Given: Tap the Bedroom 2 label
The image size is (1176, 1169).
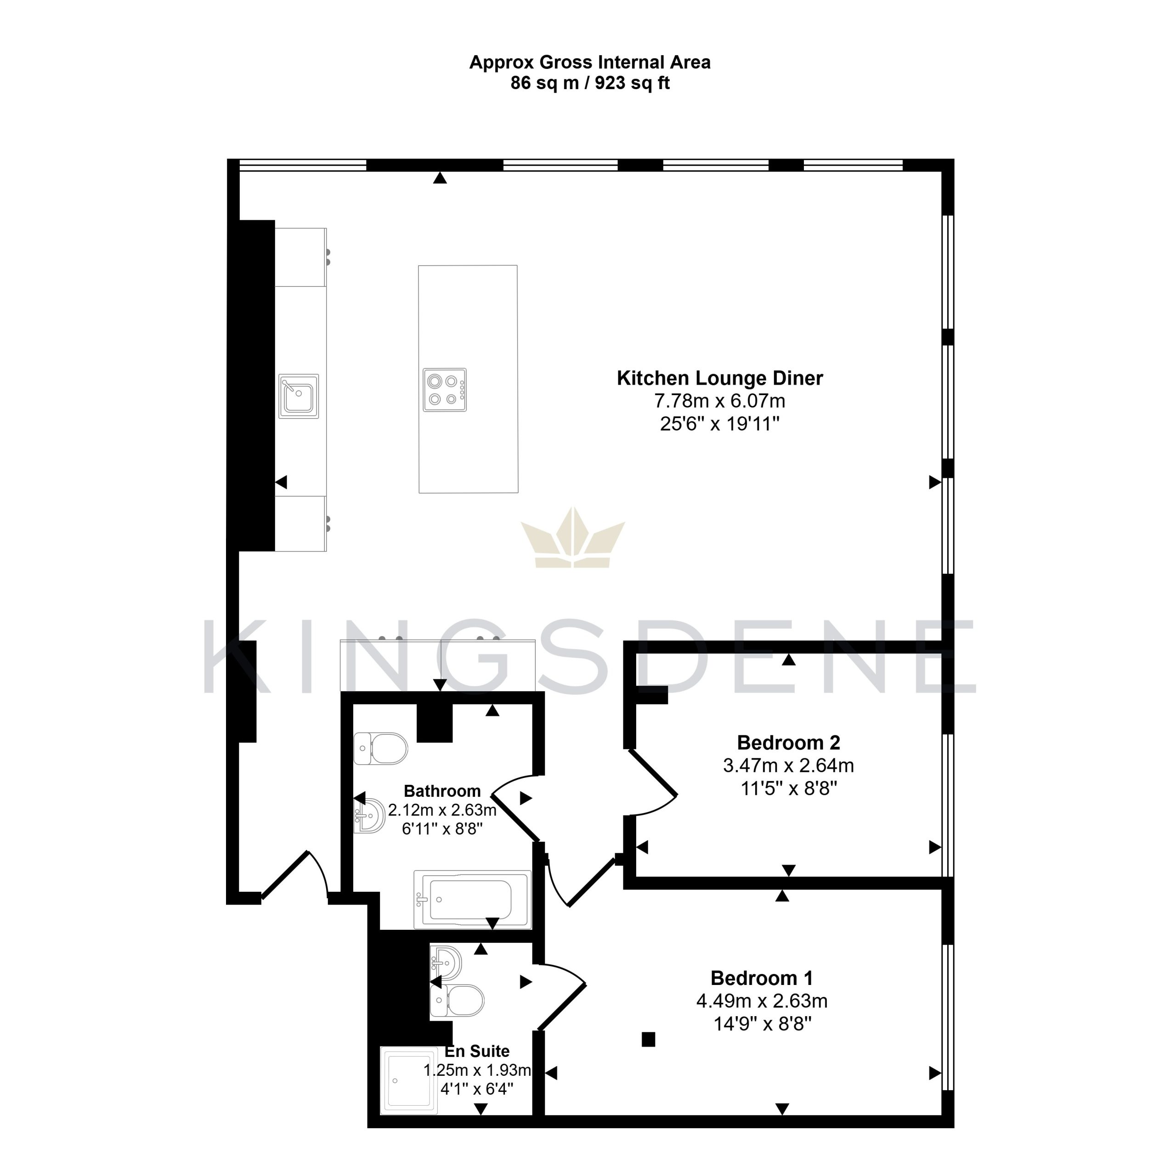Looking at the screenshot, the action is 788,743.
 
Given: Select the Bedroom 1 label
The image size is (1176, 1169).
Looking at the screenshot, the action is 762,978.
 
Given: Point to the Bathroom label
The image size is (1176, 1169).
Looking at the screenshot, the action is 442,791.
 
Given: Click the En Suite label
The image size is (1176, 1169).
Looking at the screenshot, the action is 477,1051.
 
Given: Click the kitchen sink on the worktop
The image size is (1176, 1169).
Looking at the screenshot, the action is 299,396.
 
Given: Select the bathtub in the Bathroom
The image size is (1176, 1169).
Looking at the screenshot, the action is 472,900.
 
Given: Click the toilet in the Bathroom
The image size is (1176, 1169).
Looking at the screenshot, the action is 380,748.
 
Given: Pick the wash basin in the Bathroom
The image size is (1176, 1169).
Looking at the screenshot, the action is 369,816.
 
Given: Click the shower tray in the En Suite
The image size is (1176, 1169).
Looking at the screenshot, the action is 409,1080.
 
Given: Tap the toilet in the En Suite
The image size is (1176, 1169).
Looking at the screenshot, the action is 457,1001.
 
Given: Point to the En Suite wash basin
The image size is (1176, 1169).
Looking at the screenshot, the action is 446,962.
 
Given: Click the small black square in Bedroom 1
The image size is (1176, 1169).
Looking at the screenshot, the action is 648,1040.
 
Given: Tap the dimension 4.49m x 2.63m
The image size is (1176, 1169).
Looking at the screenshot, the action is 762,1001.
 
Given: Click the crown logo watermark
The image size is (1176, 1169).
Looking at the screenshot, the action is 573,537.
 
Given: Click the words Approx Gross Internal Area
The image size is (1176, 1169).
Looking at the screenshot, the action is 590,62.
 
